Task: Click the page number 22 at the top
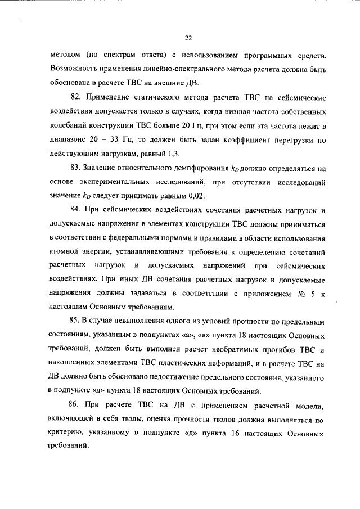coord(188,38)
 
